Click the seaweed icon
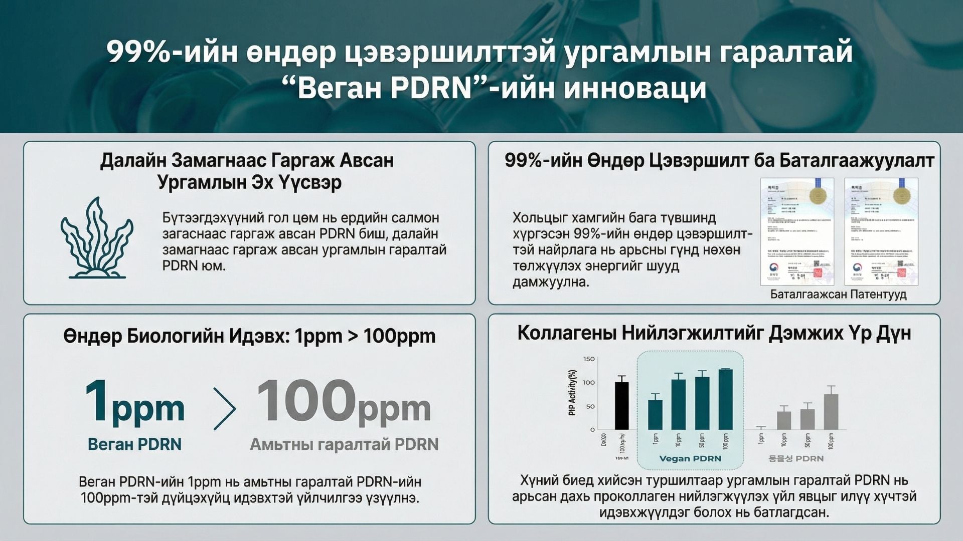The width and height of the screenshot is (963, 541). pos(97,238)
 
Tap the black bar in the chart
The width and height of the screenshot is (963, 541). pos(621,406)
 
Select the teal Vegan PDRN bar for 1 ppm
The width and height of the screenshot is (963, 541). pos(655,415)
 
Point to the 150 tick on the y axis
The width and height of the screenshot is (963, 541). pos(589,359)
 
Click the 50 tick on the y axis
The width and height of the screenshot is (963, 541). pos(590,406)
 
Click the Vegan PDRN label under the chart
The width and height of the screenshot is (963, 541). pos(690,458)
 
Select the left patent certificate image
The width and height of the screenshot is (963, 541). pos(797,231)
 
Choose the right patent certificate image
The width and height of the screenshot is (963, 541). pos(881,231)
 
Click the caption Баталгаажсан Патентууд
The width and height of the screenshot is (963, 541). pos(838,294)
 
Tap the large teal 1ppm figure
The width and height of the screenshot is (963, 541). pos(134,403)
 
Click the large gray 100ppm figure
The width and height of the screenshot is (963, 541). pos(344,403)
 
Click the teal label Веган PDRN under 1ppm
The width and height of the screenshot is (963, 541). pos(134,444)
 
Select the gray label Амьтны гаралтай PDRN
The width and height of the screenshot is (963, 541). pos(344,444)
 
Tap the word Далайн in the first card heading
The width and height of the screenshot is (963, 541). pos(132,160)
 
